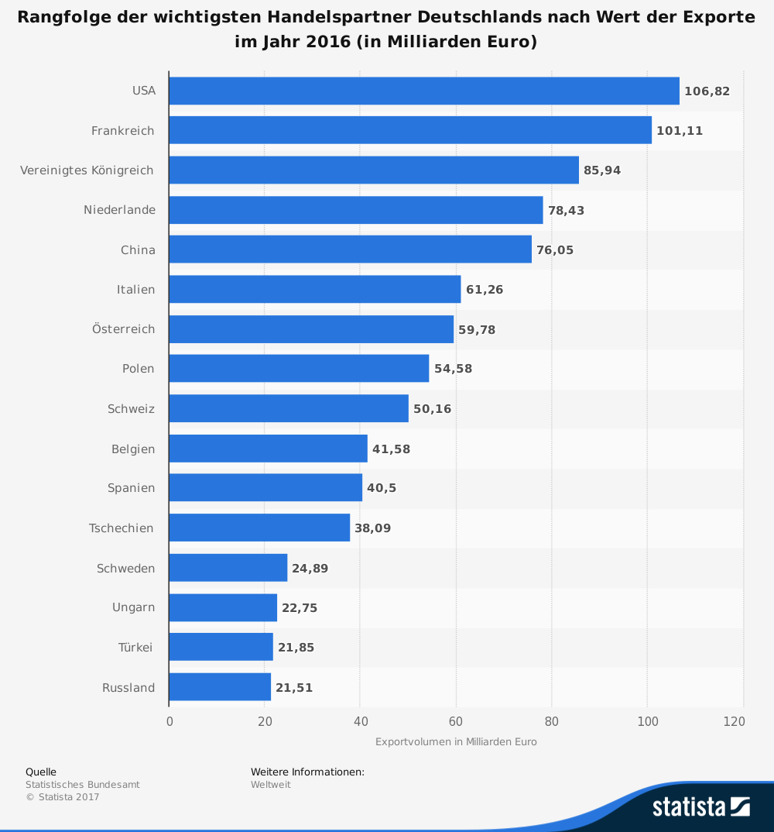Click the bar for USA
coord(423,91)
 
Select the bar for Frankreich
coord(410,130)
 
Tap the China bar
coord(350,249)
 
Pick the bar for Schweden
coord(228,568)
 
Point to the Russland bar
coord(220,687)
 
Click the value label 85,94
coord(602,170)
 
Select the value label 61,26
coord(485,290)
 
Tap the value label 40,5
coord(382,488)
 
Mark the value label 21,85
coord(296,648)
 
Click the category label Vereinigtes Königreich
coord(87,170)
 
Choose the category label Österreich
coord(123,329)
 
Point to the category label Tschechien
coord(121,528)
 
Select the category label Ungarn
coord(133,607)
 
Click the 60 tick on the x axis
coord(456,722)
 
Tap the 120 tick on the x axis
coord(735,722)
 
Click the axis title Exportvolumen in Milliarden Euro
coord(456,742)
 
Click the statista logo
coord(700,806)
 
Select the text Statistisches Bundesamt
coord(83,785)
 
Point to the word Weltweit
coord(271,785)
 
